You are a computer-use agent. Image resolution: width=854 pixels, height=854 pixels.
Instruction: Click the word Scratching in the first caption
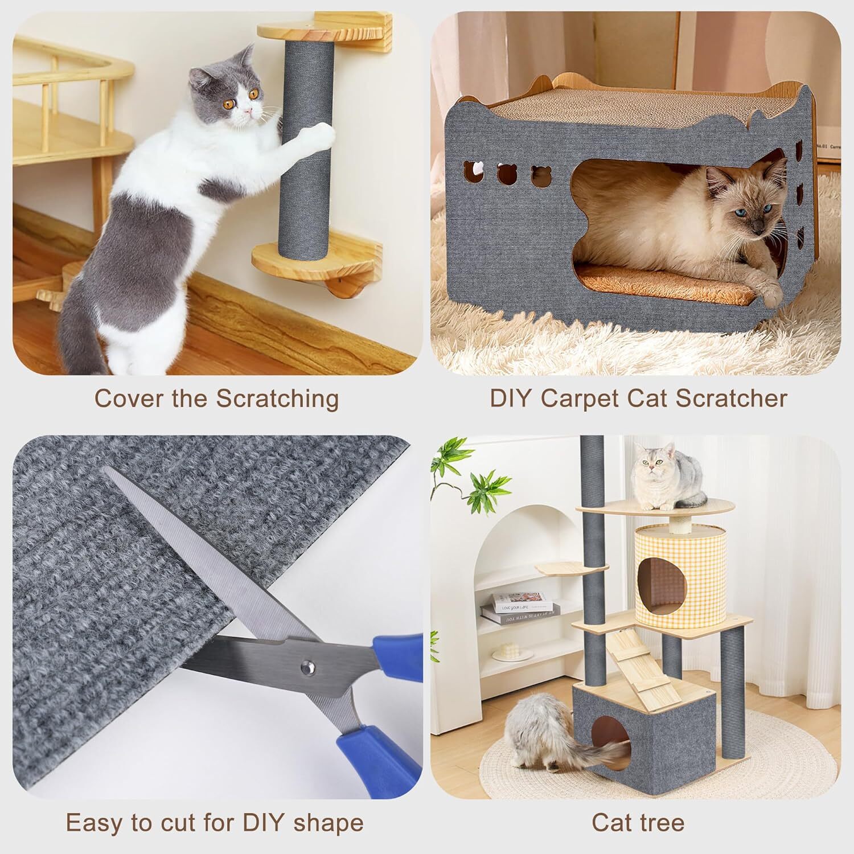pyautogui.click(x=277, y=399)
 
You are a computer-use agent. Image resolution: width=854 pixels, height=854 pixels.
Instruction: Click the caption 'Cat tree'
pyautogui.click(x=638, y=823)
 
